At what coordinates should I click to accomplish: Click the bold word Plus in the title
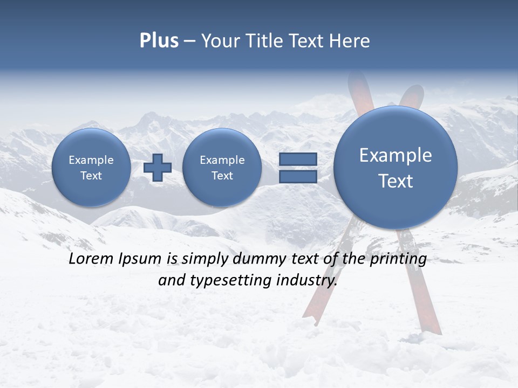tap(159, 41)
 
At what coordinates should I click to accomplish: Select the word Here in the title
tap(350, 41)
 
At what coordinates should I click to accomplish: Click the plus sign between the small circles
tap(158, 168)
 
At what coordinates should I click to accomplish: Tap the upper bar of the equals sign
tap(298, 159)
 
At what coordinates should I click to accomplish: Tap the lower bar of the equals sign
tap(298, 177)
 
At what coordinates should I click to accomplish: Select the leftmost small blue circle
tap(91, 168)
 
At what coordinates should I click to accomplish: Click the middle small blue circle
tap(222, 168)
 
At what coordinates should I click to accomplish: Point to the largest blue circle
tap(396, 168)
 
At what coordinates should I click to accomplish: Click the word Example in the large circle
tap(396, 155)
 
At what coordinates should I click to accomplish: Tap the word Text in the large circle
tap(396, 181)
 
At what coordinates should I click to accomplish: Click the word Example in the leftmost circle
tap(91, 160)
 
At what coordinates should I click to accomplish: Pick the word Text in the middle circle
tap(222, 176)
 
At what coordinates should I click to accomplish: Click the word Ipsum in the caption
tap(140, 259)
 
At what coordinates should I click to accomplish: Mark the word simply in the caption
tap(205, 259)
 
